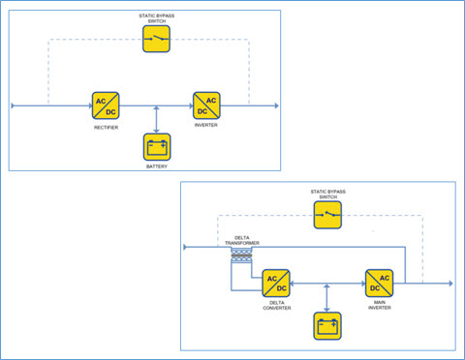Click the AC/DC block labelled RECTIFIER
106,105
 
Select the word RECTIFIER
106,126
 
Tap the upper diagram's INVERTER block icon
206,105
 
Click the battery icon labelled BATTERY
157,147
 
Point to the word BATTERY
157,167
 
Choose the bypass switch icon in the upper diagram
157,39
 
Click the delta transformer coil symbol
241,254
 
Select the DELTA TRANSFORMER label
241,239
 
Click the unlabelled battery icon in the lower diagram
328,325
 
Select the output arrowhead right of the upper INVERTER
275,105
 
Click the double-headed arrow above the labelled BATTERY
157,119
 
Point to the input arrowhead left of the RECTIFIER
14,105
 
